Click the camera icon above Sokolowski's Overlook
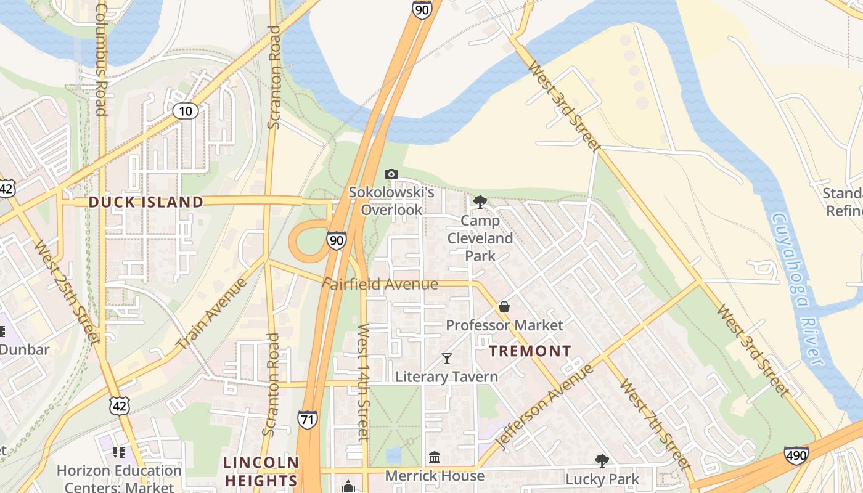pyautogui.click(x=391, y=174)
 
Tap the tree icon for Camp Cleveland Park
pyautogui.click(x=480, y=202)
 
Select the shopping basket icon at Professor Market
pyautogui.click(x=504, y=306)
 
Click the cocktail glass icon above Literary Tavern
pyautogui.click(x=447, y=358)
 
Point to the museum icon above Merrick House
pyautogui.click(x=435, y=457)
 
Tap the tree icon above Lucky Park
pyautogui.click(x=602, y=460)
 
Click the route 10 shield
pyautogui.click(x=186, y=111)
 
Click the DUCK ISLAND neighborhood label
pyautogui.click(x=145, y=202)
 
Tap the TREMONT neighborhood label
pyautogui.click(x=530, y=351)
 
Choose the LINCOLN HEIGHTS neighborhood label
pyautogui.click(x=261, y=471)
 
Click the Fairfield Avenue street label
pyautogui.click(x=380, y=284)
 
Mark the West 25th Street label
pyautogui.click(x=67, y=292)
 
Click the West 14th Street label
pyautogui.click(x=364, y=382)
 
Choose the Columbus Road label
pyautogui.click(x=102, y=60)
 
